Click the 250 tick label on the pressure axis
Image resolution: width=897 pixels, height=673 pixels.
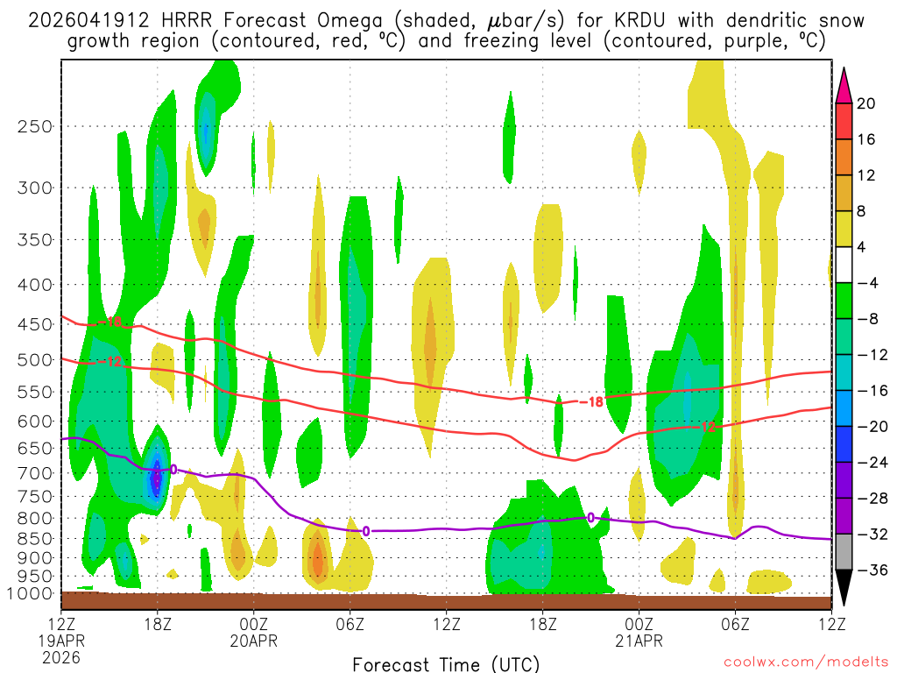pos(36,126)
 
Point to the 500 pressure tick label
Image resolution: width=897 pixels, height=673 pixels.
pos(36,359)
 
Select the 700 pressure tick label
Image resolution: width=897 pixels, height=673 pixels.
pos(36,473)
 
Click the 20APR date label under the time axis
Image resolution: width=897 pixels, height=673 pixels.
pos(254,641)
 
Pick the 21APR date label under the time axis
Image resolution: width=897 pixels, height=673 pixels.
pos(639,641)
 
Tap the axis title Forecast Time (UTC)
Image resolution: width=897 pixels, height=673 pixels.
pos(446,663)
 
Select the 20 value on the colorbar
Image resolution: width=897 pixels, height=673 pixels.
pos(866,103)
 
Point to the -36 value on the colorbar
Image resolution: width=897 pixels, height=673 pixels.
pos(870,570)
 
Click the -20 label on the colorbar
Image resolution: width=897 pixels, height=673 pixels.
pos(870,427)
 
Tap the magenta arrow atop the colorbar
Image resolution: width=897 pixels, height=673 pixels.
pos(844,83)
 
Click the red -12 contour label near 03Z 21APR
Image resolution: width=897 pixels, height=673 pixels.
pos(707,427)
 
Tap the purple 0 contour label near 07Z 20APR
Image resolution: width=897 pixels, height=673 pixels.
pos(365,530)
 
